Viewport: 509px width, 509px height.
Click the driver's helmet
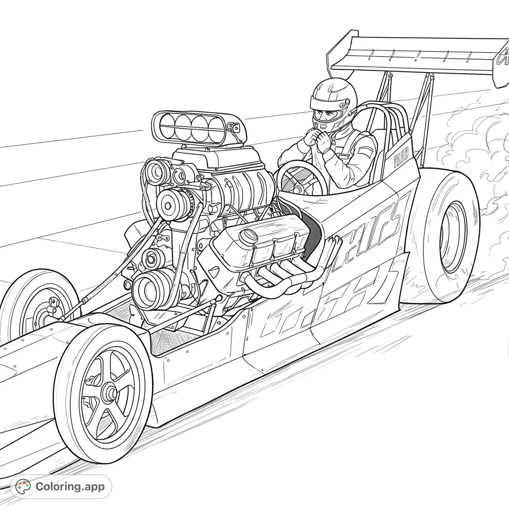tap(334, 97)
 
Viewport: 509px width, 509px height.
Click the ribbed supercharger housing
tap(249, 189)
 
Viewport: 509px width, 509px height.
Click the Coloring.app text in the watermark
tap(70, 487)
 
